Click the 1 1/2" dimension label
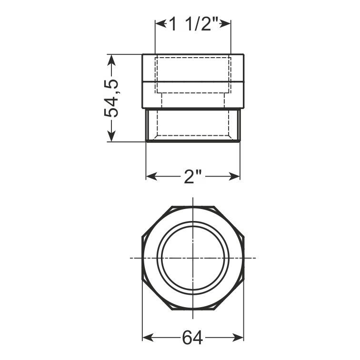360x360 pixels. click(x=193, y=24)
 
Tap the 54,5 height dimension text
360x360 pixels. click(x=111, y=98)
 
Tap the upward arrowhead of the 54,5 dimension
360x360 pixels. click(x=111, y=60)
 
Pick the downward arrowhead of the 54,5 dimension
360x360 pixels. click(x=111, y=136)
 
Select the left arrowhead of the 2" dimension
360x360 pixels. click(x=151, y=176)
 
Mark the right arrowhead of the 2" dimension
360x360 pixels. click(x=234, y=176)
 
